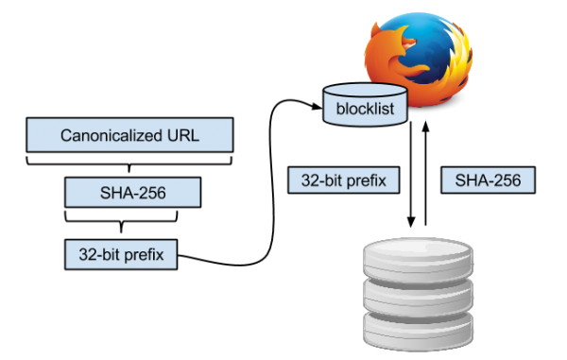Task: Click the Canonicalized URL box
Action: [129, 135]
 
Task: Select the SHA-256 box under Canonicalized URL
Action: [132, 193]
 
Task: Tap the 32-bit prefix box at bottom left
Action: [121, 254]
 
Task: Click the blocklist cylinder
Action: [365, 105]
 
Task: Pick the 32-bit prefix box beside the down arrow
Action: [344, 180]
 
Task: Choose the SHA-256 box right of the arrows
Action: [488, 180]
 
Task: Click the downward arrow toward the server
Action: [411, 175]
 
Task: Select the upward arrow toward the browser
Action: [425, 174]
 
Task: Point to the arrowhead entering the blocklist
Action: [317, 106]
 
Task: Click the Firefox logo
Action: [419, 60]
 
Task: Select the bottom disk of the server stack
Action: [418, 332]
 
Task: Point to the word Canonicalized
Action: [112, 135]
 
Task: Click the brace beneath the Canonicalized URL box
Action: [129, 163]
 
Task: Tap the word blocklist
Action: [365, 109]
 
